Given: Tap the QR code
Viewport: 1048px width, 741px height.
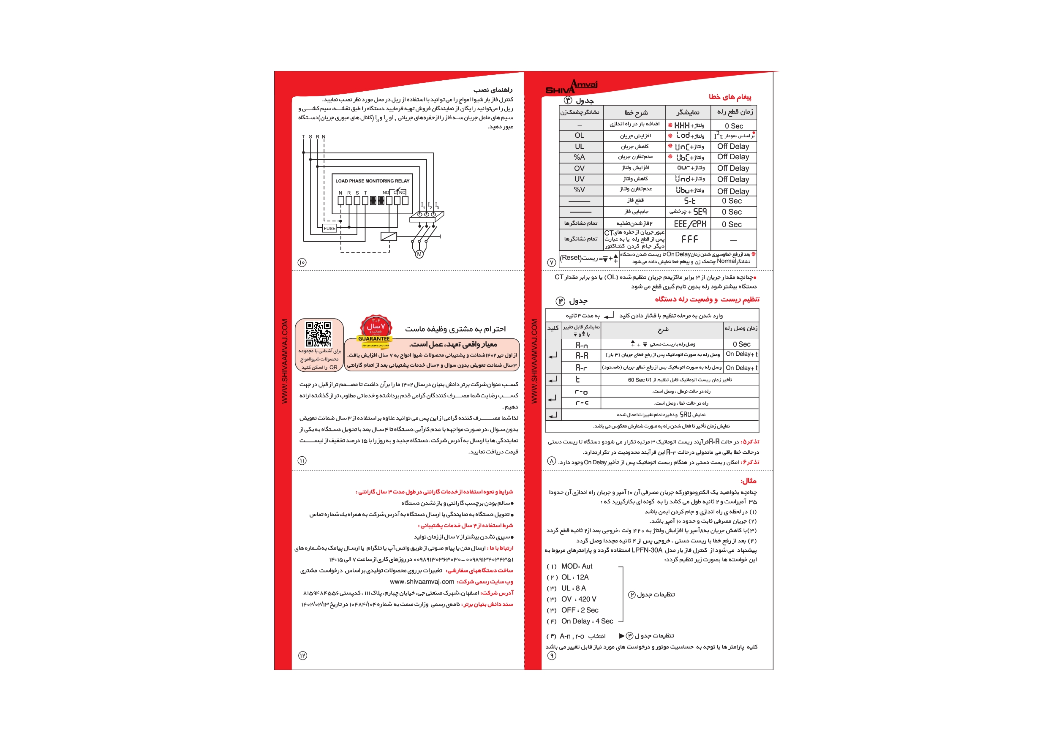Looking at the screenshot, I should click(318, 334).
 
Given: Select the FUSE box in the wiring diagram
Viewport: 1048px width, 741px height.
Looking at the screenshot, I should click(329, 228).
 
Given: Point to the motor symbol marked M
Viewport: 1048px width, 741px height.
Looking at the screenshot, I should click(419, 254).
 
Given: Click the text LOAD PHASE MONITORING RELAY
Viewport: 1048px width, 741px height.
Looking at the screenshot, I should click(372, 181).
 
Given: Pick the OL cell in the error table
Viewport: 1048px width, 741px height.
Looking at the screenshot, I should click(579, 136).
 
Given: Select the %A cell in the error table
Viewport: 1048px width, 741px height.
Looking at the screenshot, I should click(579, 157).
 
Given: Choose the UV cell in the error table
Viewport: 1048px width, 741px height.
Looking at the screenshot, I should click(579, 179).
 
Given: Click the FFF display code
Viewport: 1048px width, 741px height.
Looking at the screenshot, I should click(689, 239).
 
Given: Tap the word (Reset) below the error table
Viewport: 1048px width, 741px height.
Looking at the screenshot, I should click(571, 258).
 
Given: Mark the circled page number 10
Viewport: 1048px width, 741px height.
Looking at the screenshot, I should click(302, 262).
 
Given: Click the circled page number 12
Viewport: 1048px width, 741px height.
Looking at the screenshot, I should click(302, 656).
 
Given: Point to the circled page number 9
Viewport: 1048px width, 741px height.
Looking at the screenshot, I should click(552, 656).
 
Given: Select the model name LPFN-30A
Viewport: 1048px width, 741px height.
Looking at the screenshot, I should click(647, 550).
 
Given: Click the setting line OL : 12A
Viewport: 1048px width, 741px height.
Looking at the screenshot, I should click(574, 577).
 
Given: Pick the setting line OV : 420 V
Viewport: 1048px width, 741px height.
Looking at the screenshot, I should click(578, 599).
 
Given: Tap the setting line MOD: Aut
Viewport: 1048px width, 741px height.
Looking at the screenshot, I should click(577, 566).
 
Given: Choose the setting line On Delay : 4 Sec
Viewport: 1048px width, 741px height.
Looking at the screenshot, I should click(587, 621).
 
